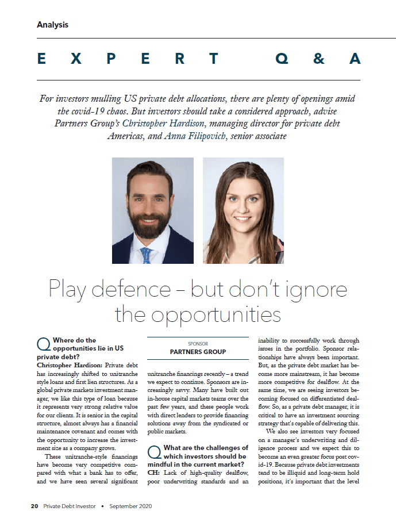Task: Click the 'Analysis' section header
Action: click(52, 25)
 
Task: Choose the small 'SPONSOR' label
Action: click(198, 344)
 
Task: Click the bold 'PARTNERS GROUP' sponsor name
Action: click(198, 352)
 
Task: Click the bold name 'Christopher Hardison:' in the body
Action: click(68, 365)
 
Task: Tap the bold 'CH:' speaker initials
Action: click(155, 472)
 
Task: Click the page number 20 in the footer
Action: click(34, 506)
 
